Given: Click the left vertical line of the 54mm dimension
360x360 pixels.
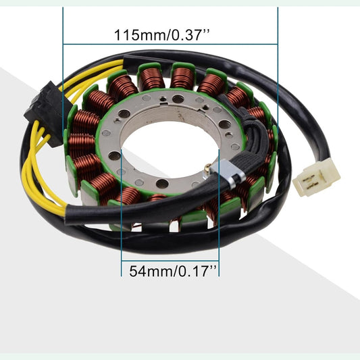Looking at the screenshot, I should [121, 223].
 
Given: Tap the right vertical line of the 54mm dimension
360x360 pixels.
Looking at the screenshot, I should [222, 223].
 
